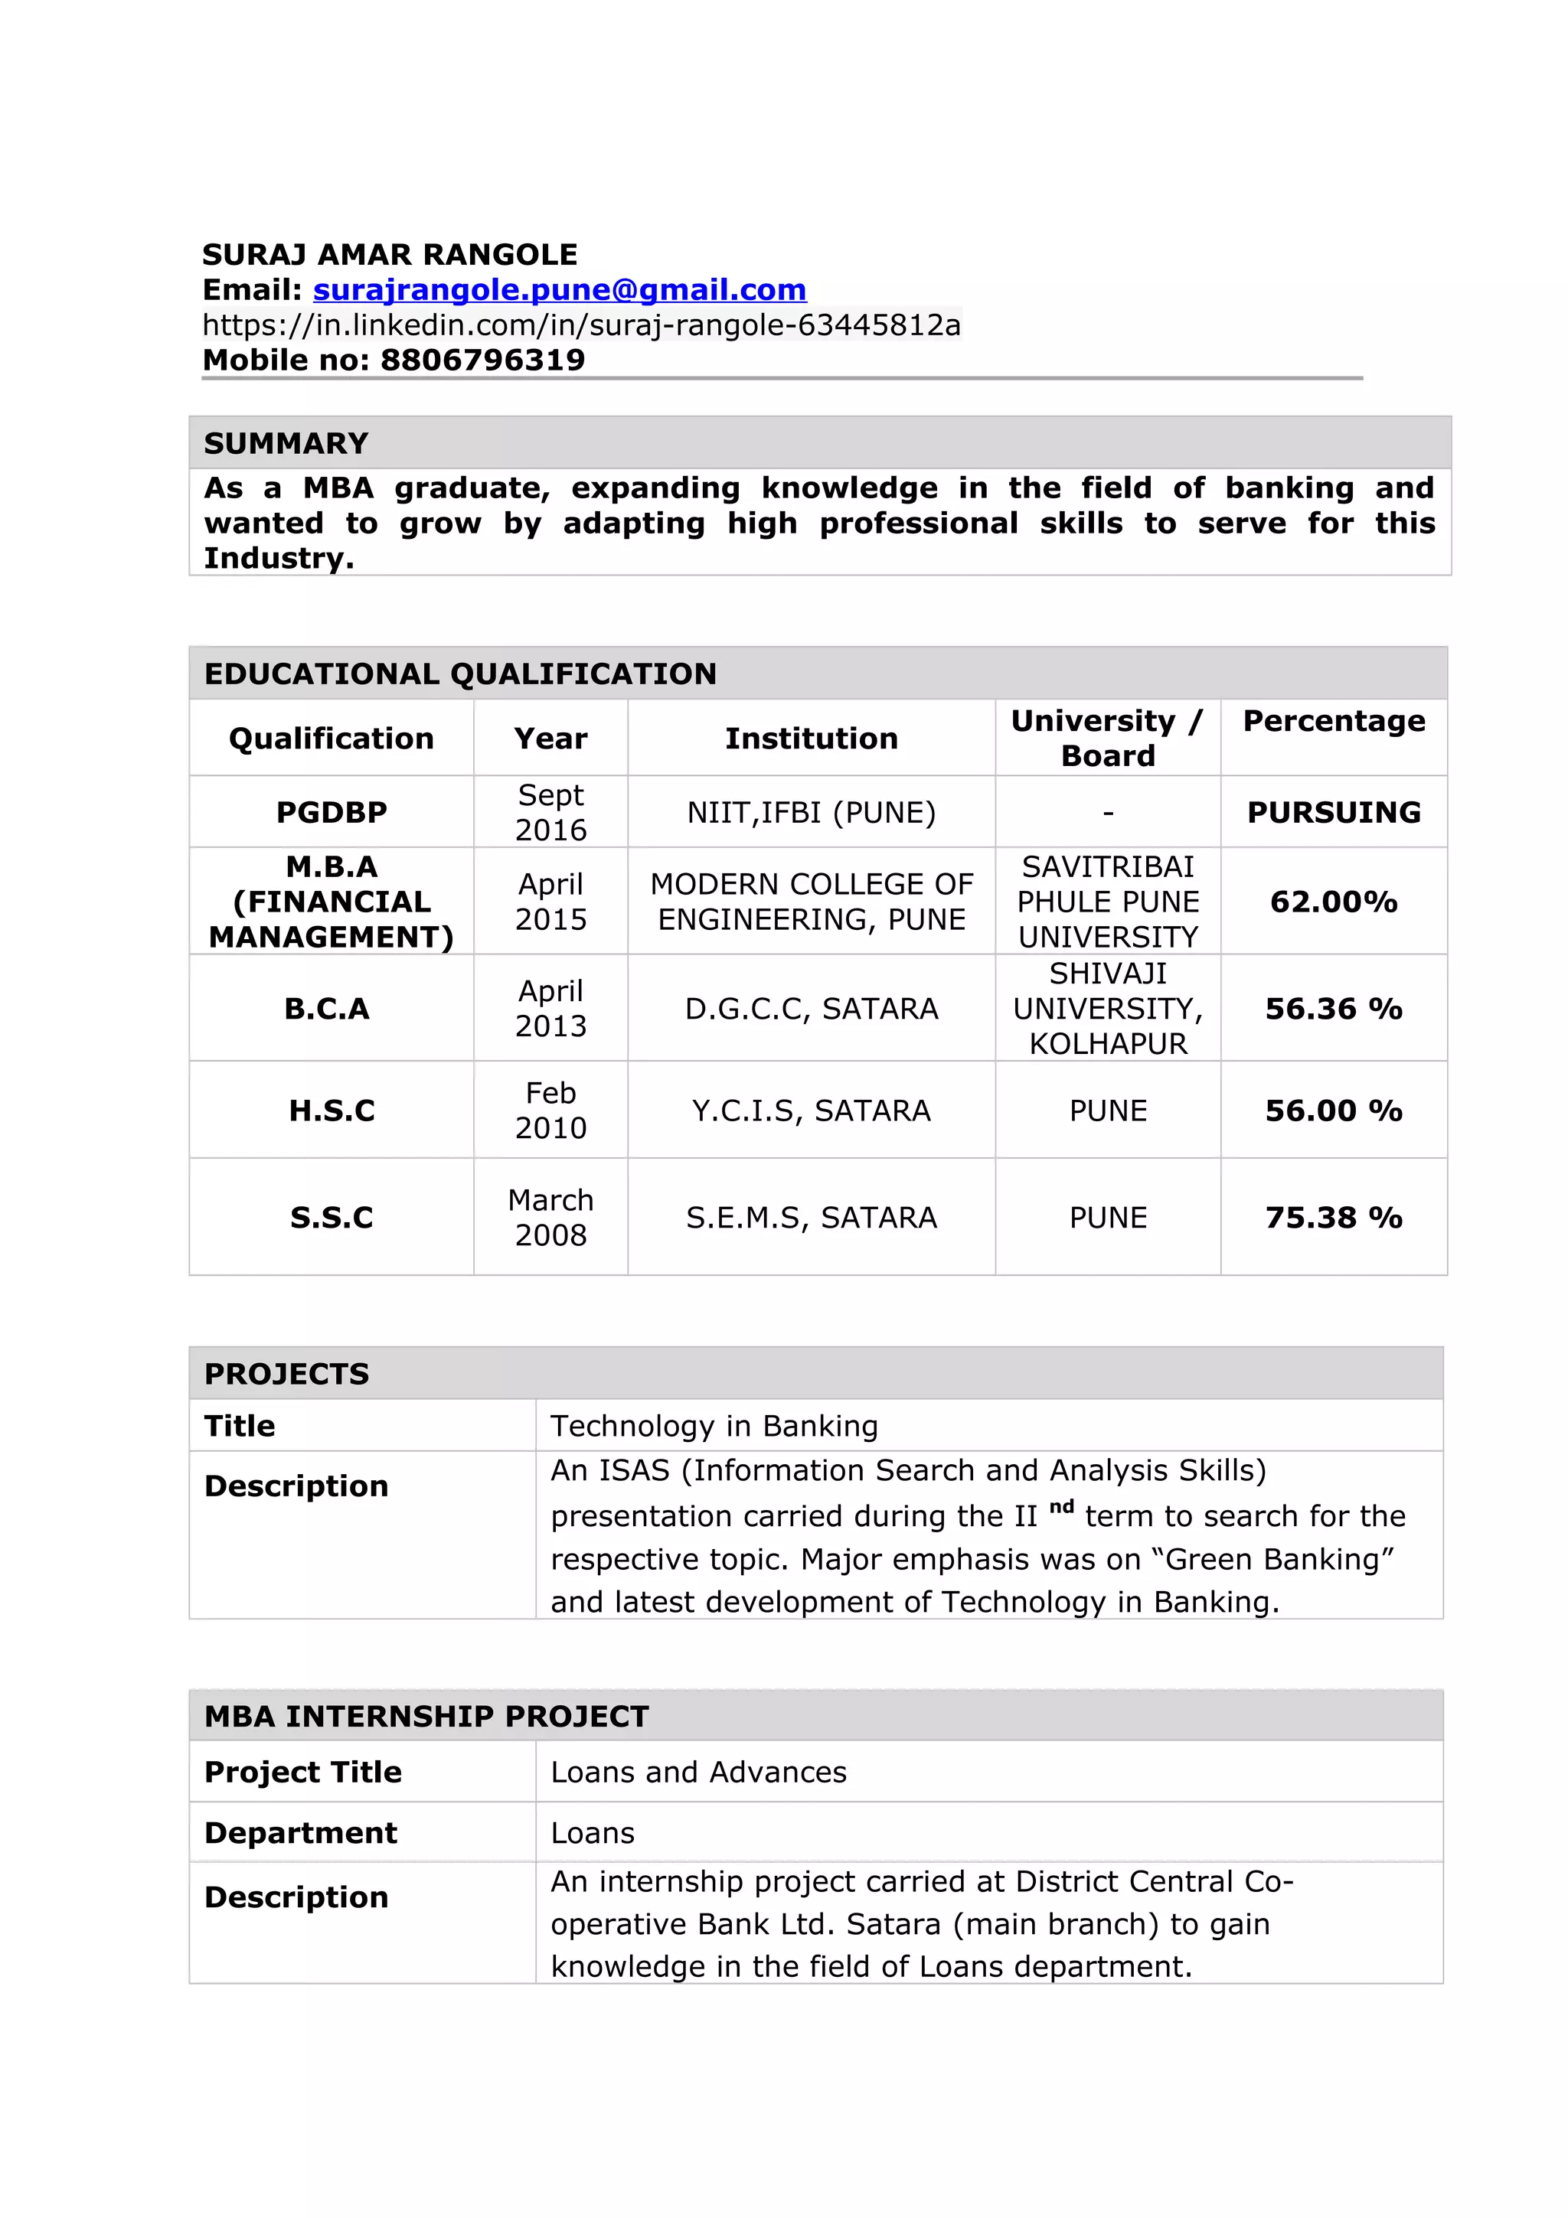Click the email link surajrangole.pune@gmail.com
560,290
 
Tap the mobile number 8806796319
482,360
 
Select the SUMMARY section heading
286,443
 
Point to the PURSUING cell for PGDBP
1333,813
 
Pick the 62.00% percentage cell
1333,902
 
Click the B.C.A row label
327,1009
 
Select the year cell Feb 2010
550,1110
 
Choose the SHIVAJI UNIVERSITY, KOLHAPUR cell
1107,1009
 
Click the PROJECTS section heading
286,1374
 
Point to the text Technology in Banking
714,1426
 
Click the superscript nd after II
1061,1507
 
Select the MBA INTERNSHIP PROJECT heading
426,1717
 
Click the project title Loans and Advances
698,1772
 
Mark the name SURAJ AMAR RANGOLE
390,255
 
